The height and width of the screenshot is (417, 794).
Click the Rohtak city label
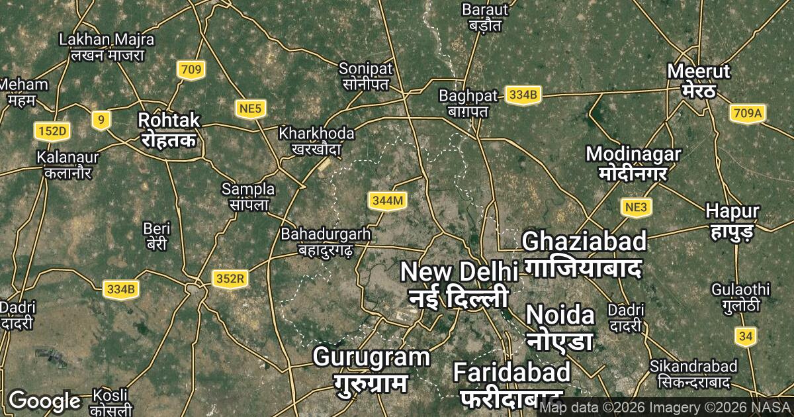[x=168, y=130]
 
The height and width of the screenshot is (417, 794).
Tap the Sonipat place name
[x=366, y=76]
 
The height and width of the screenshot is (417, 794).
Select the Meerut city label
[x=699, y=80]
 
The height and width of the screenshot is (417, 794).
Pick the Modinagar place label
[x=633, y=163]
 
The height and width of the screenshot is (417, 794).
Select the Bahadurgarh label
[x=326, y=242]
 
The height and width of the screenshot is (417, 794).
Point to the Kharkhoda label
[x=317, y=141]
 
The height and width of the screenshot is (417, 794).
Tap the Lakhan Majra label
[x=107, y=47]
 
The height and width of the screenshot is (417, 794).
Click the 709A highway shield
[x=748, y=113]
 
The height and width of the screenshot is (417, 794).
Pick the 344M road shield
[x=386, y=201]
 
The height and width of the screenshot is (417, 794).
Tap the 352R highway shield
[x=230, y=279]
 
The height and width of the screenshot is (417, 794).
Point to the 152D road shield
[x=52, y=131]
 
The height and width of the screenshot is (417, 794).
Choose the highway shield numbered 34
[x=746, y=336]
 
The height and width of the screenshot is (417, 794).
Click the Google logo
[x=44, y=400]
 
